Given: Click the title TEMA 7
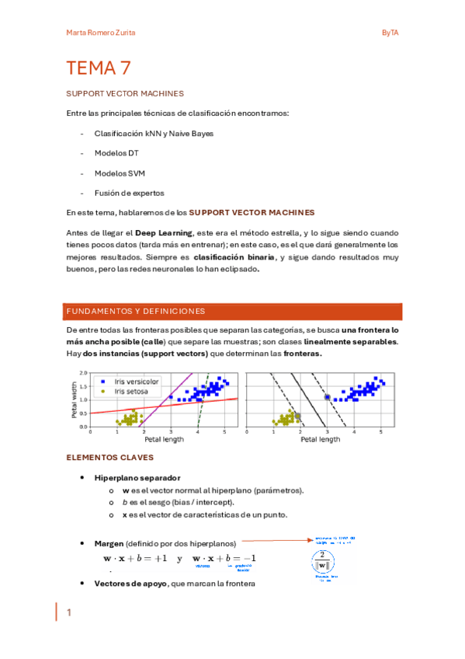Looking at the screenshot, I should coord(98,68).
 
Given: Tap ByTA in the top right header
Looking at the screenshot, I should coord(390,32).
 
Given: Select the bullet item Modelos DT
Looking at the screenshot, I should coord(116,153).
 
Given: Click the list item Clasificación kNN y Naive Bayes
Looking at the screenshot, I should coord(154,133).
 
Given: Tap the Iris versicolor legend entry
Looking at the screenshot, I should coord(136,382).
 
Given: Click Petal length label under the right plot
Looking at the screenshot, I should coord(320,439).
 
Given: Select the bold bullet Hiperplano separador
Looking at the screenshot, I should coord(137,477).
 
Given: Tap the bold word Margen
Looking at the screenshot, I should coord(109,542).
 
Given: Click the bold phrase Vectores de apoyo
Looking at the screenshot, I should coord(130,583).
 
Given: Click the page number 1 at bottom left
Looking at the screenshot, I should coord(68,612).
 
